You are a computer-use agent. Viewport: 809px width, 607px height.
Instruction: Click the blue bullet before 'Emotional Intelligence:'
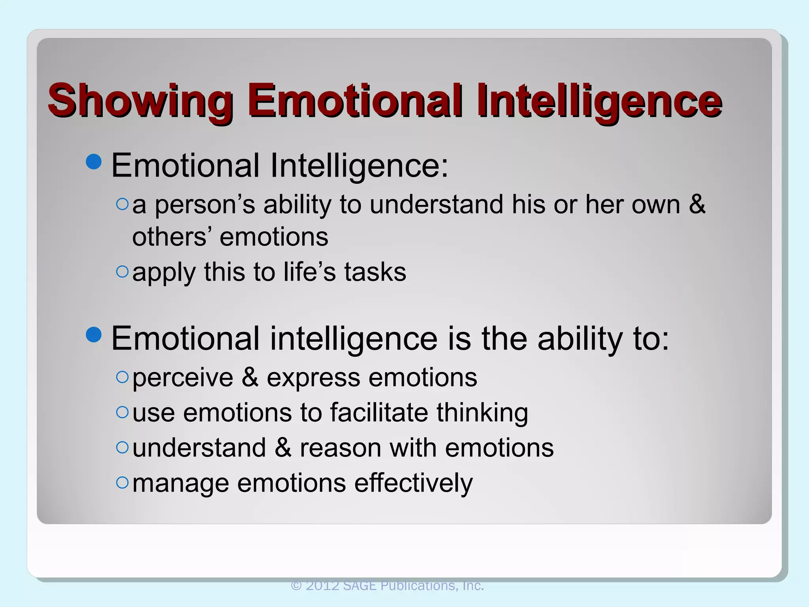click(x=94, y=161)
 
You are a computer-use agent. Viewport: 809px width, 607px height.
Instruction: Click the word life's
click(x=309, y=272)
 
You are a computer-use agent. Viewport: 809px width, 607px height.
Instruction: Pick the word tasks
click(x=375, y=272)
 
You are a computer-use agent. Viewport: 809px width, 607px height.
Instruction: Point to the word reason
click(x=341, y=448)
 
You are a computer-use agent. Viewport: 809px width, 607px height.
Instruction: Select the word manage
click(x=181, y=484)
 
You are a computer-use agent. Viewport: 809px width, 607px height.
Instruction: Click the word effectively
click(x=413, y=483)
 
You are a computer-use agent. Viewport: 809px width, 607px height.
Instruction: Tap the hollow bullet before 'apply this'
click(x=122, y=271)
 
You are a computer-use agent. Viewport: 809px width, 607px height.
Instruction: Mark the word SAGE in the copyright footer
click(x=360, y=586)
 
